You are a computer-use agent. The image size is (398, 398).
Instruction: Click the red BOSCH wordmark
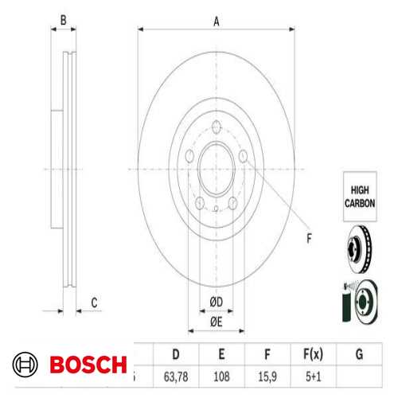pos(88,366)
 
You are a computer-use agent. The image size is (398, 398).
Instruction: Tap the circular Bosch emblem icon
pos(25,366)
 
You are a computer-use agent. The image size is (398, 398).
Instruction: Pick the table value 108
pos(223,376)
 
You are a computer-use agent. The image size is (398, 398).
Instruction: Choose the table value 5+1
pos(314,376)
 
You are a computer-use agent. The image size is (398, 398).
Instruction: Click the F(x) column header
pos(314,353)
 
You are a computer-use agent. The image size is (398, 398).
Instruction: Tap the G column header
pos(360,353)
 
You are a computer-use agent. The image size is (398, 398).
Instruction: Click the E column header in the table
pos(223,353)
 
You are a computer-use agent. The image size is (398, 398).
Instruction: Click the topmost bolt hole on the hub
pos(217,125)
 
